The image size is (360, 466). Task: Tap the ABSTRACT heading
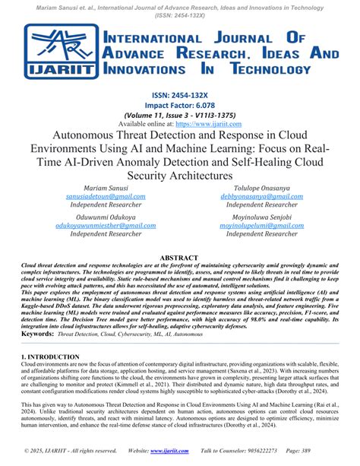click(x=179, y=257)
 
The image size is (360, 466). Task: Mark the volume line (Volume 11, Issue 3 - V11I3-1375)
click(x=180, y=115)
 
